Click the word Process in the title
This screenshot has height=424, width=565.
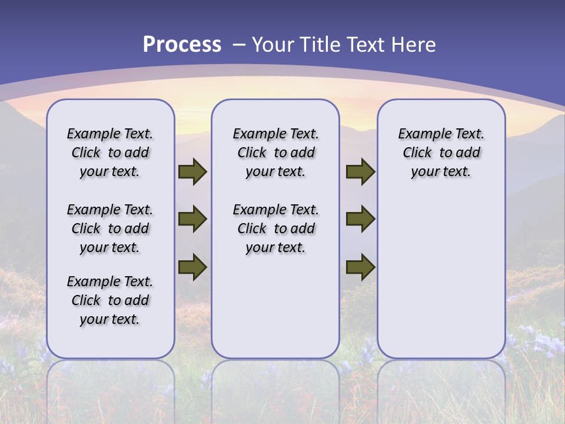click(x=182, y=44)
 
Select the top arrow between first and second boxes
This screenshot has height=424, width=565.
click(x=192, y=172)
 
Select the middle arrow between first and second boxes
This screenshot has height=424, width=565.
click(x=192, y=220)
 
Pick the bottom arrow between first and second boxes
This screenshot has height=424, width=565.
click(x=192, y=267)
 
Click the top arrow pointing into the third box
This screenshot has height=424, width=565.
click(x=360, y=172)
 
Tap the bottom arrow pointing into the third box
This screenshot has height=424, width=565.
click(x=360, y=267)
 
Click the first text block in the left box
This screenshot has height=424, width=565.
click(x=110, y=153)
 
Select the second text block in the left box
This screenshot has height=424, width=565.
click(x=110, y=228)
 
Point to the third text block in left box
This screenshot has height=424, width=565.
click(x=110, y=300)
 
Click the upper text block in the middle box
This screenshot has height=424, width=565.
click(x=275, y=153)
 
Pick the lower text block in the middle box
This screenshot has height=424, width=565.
click(x=275, y=228)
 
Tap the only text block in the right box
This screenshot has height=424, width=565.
click(x=441, y=153)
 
